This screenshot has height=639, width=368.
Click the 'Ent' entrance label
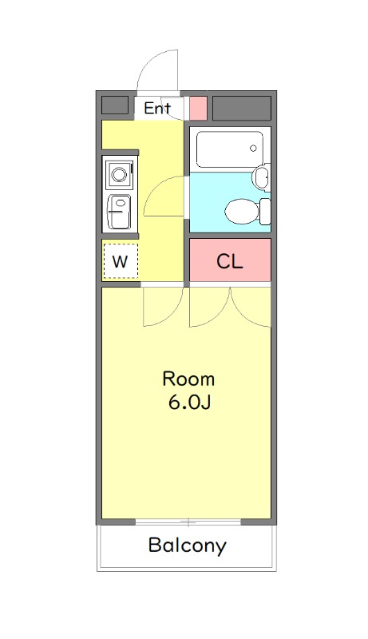[x=157, y=108]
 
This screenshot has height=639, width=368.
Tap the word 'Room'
[x=188, y=378]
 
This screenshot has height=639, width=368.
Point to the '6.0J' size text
[x=188, y=402]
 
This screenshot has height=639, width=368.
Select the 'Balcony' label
[x=187, y=546]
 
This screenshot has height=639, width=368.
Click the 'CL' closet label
[x=230, y=261]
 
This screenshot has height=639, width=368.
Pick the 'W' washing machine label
[x=121, y=261]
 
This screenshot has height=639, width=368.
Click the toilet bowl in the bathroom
[x=241, y=212]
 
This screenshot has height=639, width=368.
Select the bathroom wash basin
[x=261, y=177]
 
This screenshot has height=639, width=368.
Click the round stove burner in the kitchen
[x=120, y=173]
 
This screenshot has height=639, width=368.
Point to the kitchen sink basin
[x=120, y=211]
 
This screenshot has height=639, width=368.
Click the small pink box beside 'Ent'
[x=198, y=107]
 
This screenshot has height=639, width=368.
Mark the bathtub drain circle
[x=253, y=149]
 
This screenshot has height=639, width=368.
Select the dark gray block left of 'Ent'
[x=115, y=105]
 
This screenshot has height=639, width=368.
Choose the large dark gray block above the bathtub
[x=241, y=106]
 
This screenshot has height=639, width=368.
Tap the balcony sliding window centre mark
[x=188, y=522]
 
